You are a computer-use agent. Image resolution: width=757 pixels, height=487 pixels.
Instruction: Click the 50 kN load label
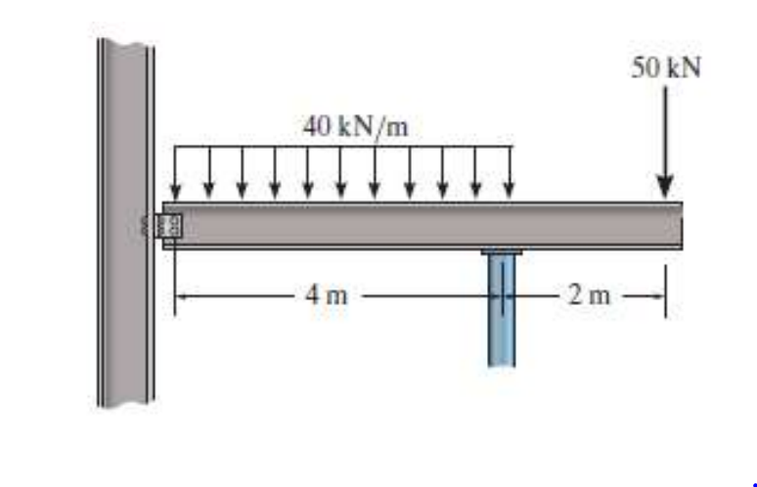[665, 68]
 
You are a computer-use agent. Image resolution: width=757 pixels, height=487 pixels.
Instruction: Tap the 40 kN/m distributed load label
[354, 127]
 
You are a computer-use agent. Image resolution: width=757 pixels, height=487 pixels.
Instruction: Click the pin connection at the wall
[170, 224]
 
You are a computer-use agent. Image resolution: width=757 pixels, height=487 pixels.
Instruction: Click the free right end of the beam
[679, 225]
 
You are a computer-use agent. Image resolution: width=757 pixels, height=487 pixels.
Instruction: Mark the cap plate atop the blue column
[502, 252]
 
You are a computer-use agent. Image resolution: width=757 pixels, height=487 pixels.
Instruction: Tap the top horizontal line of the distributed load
[342, 147]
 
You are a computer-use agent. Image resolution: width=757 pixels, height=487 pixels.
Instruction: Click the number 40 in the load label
[314, 127]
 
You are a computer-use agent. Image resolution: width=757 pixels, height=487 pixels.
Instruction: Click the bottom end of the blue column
[502, 362]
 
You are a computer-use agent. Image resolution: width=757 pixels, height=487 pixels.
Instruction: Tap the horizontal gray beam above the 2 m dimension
[587, 225]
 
